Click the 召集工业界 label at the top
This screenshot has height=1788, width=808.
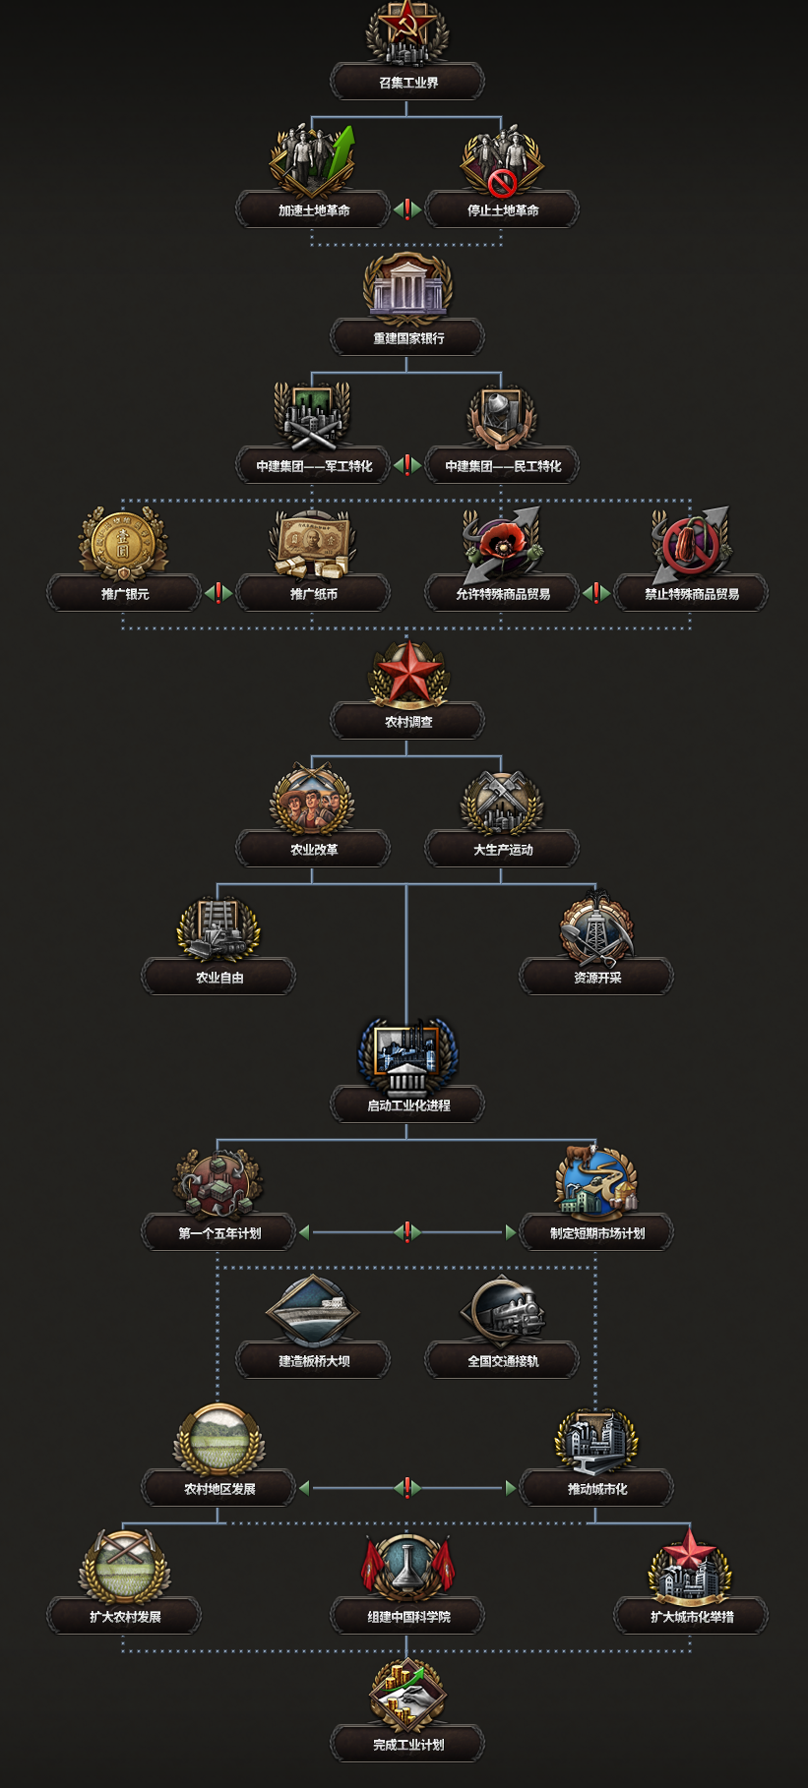[x=407, y=83]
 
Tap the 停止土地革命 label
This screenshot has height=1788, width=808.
[x=502, y=210]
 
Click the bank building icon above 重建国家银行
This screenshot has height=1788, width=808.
[x=407, y=288]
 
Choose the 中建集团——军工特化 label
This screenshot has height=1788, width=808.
[x=313, y=466]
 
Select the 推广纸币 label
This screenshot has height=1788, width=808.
[x=313, y=594]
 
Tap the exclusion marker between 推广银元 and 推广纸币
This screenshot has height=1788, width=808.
[x=218, y=593]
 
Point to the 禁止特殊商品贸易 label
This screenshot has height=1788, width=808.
[x=691, y=594]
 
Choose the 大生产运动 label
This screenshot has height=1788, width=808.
[x=502, y=850]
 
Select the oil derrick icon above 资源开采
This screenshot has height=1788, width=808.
[x=596, y=927]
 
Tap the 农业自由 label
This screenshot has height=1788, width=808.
[x=218, y=978]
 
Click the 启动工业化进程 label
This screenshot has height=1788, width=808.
[x=407, y=1105]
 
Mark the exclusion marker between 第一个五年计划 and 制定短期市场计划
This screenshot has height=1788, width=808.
[x=407, y=1232]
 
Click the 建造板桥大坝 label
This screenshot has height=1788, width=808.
[x=313, y=1361]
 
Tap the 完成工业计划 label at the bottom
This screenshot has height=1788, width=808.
[x=407, y=1745]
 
